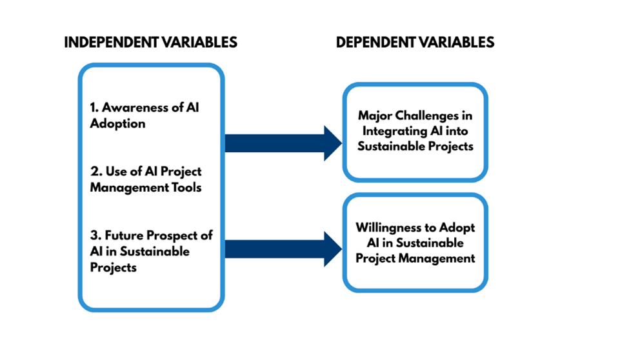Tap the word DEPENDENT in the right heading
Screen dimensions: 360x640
coord(373,43)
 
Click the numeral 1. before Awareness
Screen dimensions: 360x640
coord(94,108)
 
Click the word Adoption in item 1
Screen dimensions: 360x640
coord(117,123)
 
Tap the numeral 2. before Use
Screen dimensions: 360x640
coord(95,172)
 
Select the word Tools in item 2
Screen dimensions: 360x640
coord(185,187)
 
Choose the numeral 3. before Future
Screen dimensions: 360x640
coord(95,235)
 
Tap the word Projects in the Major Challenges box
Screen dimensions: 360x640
coord(450,146)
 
